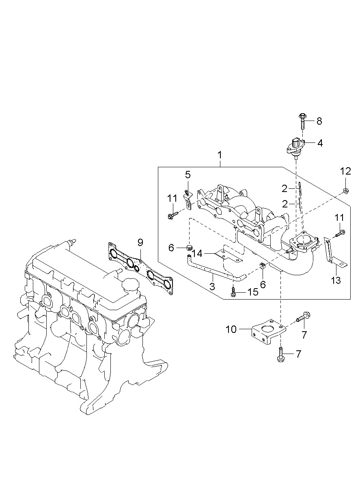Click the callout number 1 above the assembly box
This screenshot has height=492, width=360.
220,155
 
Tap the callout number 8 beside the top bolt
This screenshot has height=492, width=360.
319,121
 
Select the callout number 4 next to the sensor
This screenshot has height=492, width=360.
320,143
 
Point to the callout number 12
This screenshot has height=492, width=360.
345,171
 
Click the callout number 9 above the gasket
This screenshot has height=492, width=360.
140,242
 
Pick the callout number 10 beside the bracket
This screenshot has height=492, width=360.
231,330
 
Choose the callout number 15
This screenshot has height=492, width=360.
253,292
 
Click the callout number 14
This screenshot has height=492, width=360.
197,254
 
